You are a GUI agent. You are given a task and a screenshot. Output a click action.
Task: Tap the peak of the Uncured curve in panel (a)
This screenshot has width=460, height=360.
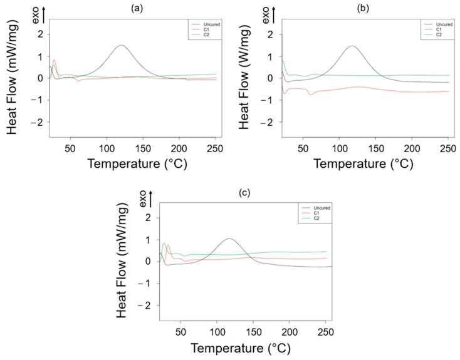pos(121,45)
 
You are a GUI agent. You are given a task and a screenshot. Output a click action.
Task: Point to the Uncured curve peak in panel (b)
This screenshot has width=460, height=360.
pos(352,46)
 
